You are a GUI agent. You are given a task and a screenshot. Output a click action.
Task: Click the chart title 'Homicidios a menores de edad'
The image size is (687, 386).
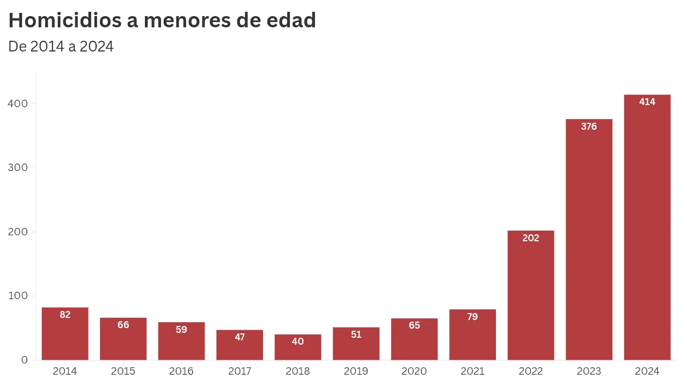coord(162,20)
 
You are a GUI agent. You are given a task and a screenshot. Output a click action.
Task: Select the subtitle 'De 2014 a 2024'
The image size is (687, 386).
coord(61,47)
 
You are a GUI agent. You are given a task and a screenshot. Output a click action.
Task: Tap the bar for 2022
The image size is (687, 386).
coord(531,295)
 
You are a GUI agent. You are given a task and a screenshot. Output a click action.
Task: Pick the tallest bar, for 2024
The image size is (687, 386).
coord(647,227)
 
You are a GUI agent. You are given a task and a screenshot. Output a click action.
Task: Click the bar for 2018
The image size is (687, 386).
coord(298,347)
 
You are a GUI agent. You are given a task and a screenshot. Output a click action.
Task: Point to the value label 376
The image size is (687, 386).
coord(589,127)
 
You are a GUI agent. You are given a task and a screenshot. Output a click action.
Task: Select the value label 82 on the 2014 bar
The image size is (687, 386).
coord(65,315)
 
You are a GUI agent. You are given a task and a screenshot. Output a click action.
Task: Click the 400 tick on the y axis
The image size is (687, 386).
coord(18,104)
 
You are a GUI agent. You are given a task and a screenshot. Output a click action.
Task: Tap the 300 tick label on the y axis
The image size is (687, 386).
coord(18,168)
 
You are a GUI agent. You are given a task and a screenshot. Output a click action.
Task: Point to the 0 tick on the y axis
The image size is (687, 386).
coord(25,360)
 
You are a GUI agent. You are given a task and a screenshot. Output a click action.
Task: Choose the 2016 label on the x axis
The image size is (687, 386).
coord(181,372)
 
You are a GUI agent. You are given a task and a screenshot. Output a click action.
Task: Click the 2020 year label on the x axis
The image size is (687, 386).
coord(414,372)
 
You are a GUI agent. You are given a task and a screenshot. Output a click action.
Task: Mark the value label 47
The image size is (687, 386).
coord(239,337)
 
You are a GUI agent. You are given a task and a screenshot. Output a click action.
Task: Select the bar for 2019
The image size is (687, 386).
coord(356,344)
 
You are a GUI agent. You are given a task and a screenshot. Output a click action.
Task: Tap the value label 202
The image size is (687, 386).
coord(531,238)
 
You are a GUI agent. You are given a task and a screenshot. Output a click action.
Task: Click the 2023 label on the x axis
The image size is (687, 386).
coord(589,372)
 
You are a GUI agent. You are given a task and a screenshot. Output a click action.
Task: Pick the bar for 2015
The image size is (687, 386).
coord(123,339)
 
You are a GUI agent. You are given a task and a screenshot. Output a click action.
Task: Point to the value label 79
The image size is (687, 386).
coord(472,317)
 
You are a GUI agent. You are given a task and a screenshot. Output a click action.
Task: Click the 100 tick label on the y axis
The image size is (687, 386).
coord(18,295)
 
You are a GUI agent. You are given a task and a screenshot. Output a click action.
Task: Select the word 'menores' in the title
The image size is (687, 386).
coord(187,21)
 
